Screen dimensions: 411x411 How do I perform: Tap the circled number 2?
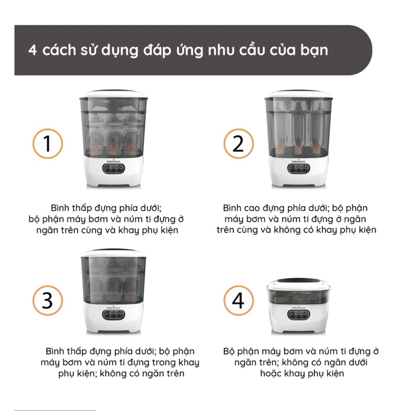pyautogui.click(x=238, y=143)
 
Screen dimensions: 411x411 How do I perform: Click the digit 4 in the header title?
pyautogui.click(x=32, y=51)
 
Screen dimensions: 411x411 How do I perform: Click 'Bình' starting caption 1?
pyautogui.click(x=61, y=208)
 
